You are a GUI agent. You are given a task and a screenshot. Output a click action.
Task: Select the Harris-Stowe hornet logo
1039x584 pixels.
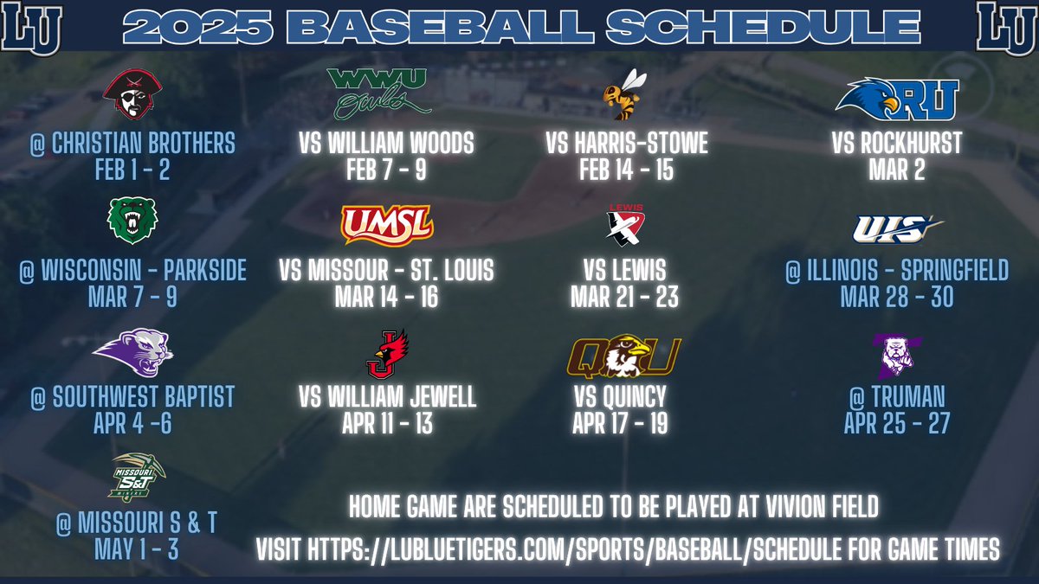[x=624, y=95]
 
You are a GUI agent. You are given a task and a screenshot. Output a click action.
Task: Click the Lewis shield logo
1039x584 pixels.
[x=623, y=226]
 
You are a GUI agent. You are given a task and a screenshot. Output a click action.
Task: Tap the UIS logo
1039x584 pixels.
[x=895, y=228]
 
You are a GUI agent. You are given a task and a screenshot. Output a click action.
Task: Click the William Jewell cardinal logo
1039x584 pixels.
[x=386, y=354]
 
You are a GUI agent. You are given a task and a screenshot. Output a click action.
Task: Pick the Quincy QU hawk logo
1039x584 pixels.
[x=623, y=356]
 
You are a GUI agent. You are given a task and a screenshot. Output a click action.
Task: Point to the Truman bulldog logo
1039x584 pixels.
[x=895, y=355]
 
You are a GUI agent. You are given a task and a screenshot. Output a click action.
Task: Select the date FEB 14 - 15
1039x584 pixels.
[x=626, y=170]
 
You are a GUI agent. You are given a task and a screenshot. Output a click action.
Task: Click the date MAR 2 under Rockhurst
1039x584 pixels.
[x=896, y=170]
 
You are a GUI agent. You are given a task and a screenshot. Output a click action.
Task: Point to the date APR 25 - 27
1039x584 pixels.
[x=896, y=424]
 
